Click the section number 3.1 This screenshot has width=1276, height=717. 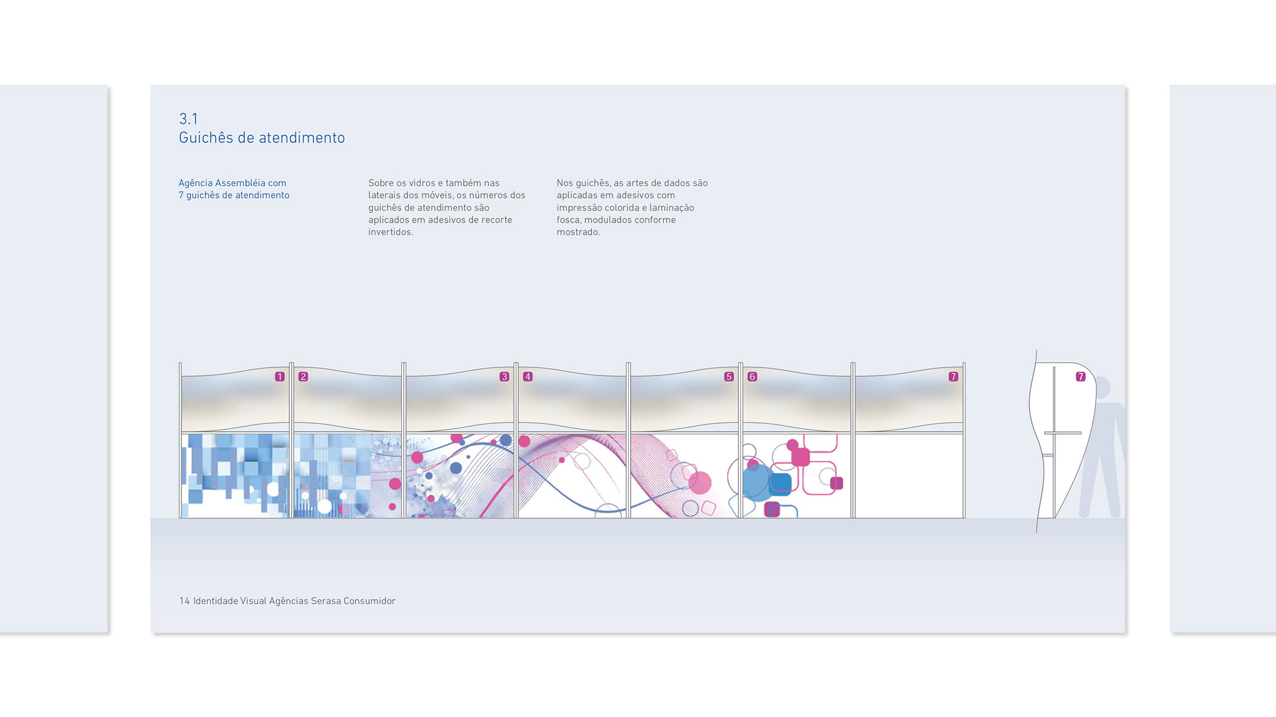click(188, 119)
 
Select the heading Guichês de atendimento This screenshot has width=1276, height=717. click(261, 138)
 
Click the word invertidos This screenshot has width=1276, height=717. click(390, 232)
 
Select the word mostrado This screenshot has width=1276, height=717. click(578, 232)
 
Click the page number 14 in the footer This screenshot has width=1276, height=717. click(184, 601)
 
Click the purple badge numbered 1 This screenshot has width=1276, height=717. click(280, 377)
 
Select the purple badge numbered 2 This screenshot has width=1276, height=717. click(303, 377)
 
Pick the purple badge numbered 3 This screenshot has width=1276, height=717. click(504, 377)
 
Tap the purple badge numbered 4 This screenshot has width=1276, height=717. click(528, 377)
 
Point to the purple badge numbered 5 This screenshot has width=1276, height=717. click(729, 377)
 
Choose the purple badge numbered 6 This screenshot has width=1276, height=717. click(752, 377)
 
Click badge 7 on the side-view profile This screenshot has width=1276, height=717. click(1081, 377)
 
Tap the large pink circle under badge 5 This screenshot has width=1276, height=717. click(700, 483)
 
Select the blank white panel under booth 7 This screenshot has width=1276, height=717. click(909, 476)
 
